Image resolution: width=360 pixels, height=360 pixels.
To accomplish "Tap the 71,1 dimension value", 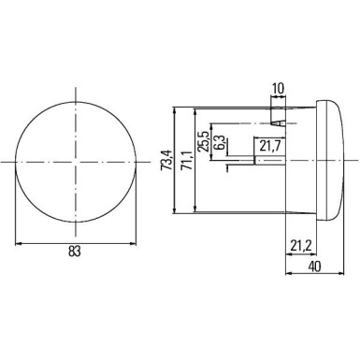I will click(184, 161).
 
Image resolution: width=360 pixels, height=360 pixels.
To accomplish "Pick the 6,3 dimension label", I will click(219, 146).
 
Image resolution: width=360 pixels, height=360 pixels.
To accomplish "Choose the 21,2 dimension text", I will click(301, 246).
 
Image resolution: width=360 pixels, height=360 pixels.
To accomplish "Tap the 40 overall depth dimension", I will click(315, 266).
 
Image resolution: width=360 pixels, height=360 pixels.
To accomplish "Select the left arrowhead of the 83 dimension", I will click(20, 243).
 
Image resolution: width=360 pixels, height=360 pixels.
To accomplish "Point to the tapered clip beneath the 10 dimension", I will click(277, 118).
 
